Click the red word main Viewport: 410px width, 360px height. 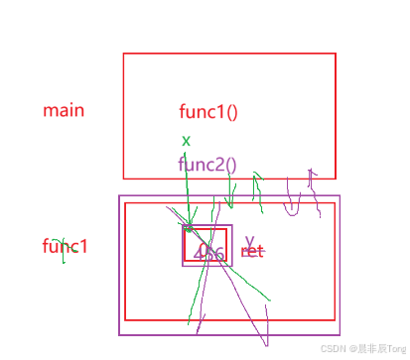pos(64,109)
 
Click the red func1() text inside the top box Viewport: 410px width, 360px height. pos(207,111)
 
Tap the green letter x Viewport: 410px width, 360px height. pos(186,141)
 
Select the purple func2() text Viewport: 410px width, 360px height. pos(207,165)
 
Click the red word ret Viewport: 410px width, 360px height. pos(253,252)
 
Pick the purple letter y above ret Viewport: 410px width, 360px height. pos(250,240)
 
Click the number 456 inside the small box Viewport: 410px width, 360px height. pos(209,253)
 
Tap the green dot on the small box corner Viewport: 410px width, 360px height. pos(189,229)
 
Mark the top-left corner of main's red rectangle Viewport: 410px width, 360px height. pos(123,53)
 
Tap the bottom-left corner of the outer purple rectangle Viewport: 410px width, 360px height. pos(119,337)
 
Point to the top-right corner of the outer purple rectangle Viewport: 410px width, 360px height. pos(341,195)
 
